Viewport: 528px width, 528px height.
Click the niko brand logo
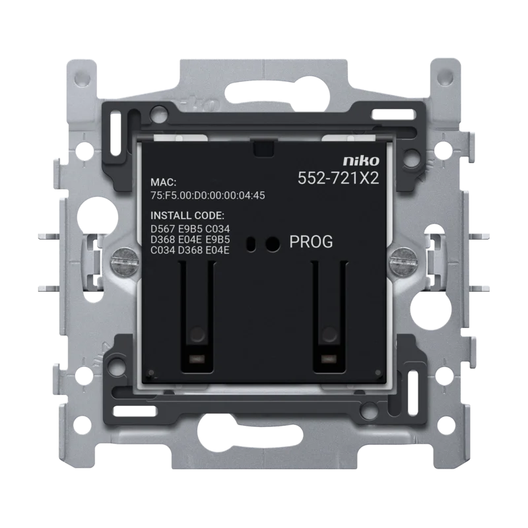point(361,160)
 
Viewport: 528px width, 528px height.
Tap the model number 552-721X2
point(339,178)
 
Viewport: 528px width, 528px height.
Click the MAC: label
point(163,182)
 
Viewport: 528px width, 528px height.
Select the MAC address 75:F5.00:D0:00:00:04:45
point(208,195)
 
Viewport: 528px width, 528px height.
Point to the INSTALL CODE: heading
point(187,216)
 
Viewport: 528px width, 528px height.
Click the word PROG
point(311,242)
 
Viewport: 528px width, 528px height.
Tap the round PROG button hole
point(273,244)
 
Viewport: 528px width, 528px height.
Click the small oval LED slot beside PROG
point(251,244)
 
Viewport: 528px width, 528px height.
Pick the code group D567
point(162,229)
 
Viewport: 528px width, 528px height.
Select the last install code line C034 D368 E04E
point(190,250)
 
